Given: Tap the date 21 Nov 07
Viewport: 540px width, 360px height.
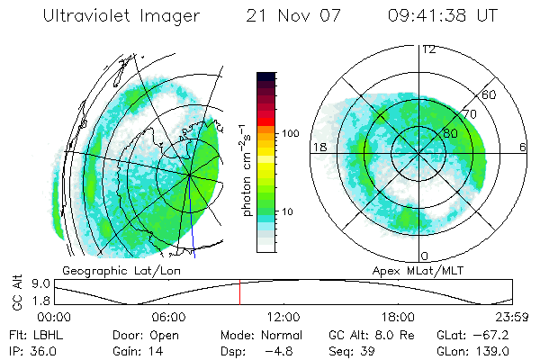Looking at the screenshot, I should pyautogui.click(x=287, y=16).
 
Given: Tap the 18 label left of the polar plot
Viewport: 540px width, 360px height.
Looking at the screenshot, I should pyautogui.click(x=319, y=147).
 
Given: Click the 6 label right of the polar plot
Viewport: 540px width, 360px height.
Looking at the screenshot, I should pyautogui.click(x=522, y=147).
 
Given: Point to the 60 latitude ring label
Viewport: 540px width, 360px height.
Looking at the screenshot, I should pyautogui.click(x=489, y=94).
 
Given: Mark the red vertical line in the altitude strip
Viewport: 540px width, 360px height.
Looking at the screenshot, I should pyautogui.click(x=239, y=292).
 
